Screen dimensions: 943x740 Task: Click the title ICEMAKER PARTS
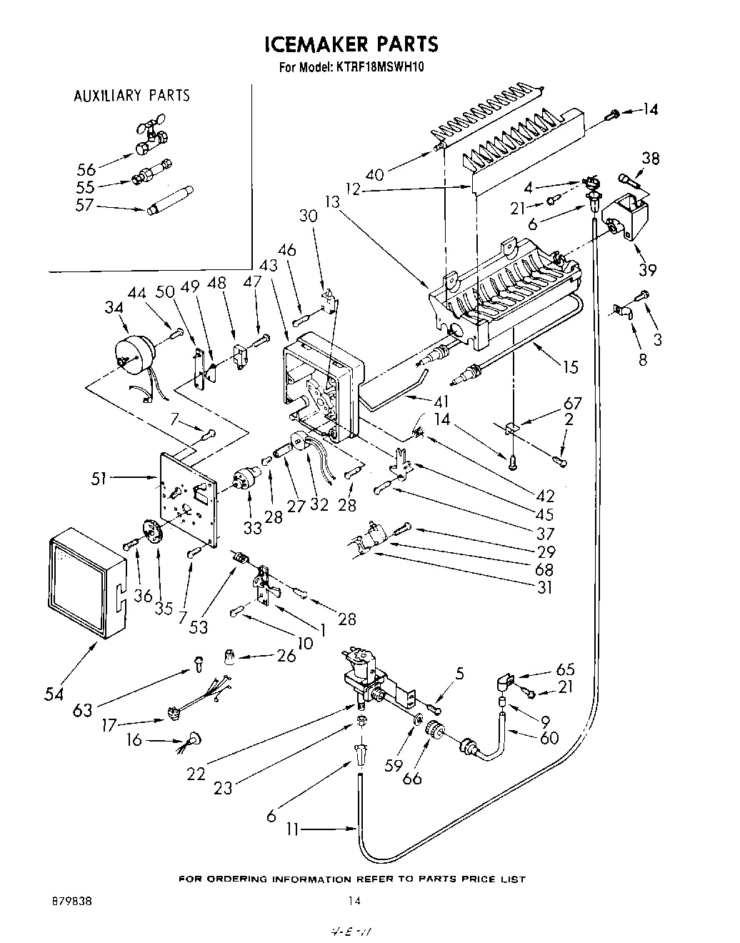coord(351,44)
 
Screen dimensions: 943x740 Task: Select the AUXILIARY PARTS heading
coord(132,96)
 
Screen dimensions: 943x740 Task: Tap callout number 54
coord(53,694)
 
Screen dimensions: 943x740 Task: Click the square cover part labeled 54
coord(82,583)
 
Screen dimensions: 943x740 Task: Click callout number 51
coord(99,478)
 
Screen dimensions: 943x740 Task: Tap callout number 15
coord(570,367)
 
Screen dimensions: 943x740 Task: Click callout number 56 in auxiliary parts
coord(86,169)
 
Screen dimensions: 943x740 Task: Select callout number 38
coord(651,159)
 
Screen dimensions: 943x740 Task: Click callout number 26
coord(286,655)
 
